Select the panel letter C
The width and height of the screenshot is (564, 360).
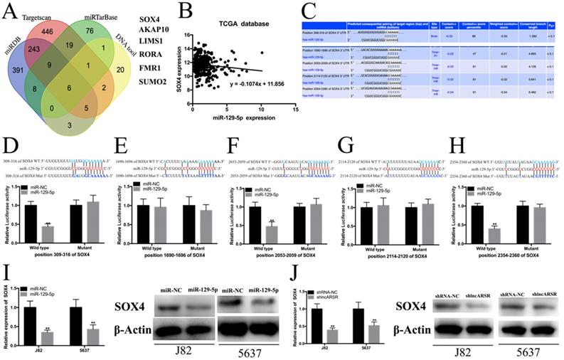pyautogui.click(x=309, y=10)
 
